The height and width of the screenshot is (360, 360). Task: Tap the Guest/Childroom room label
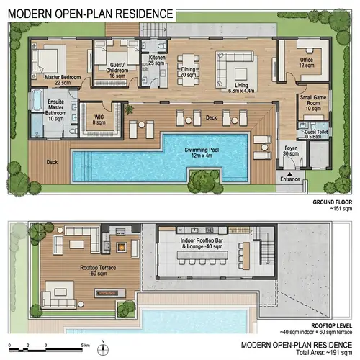pyautogui.click(x=117, y=70)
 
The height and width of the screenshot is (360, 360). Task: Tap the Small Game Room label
pyautogui.click(x=312, y=104)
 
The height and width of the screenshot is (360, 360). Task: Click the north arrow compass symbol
pyautogui.click(x=104, y=344)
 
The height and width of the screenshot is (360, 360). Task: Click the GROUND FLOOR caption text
pyautogui.click(x=333, y=203)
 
